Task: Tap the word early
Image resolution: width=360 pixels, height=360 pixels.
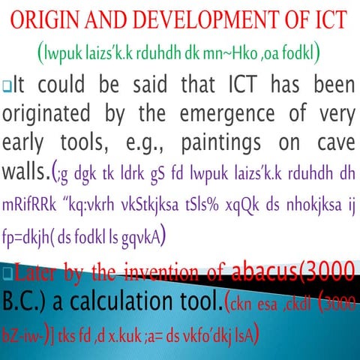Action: tap(27, 145)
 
